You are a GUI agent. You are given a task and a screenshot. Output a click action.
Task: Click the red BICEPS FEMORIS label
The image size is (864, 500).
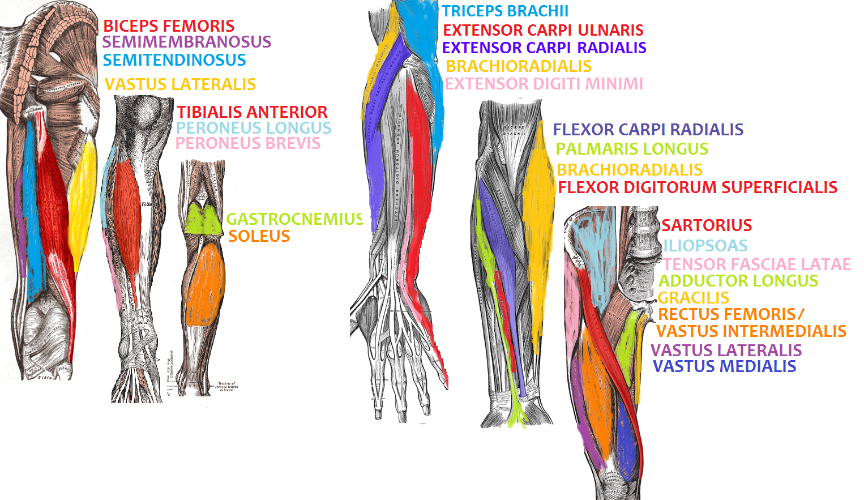(168, 26)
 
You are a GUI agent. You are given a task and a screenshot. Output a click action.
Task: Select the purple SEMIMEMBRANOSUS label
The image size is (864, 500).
(187, 42)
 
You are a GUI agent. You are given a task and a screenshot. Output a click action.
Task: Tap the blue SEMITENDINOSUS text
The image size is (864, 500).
(174, 60)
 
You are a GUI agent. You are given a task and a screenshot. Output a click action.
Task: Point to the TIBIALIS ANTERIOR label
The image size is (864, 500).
(252, 112)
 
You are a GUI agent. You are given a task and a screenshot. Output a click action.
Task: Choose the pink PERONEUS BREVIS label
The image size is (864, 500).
(248, 144)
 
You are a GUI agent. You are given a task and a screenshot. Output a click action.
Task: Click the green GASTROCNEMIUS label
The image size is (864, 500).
(294, 219)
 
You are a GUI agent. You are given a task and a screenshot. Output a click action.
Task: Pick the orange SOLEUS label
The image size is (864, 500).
(259, 236)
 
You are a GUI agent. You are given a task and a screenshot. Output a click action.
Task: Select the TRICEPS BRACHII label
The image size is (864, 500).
(505, 11)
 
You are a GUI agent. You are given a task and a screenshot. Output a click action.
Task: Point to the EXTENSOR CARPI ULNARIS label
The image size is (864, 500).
(543, 30)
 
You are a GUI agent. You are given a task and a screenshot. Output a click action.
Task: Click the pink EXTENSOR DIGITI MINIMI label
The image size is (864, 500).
(544, 84)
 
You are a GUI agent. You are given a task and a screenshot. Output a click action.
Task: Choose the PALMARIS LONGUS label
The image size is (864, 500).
(632, 149)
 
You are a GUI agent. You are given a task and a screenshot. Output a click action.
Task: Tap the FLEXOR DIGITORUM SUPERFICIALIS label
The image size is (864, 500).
(698, 187)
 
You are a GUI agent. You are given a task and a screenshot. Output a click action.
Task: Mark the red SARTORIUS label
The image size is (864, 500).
(707, 225)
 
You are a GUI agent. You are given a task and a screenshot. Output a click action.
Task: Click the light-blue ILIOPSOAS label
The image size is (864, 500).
(705, 246)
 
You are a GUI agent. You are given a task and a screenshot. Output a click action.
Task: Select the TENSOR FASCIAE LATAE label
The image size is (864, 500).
(757, 264)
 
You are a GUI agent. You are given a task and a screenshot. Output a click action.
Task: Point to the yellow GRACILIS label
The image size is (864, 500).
(693, 298)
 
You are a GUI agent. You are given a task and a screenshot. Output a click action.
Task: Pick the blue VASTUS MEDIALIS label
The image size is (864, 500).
(724, 366)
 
